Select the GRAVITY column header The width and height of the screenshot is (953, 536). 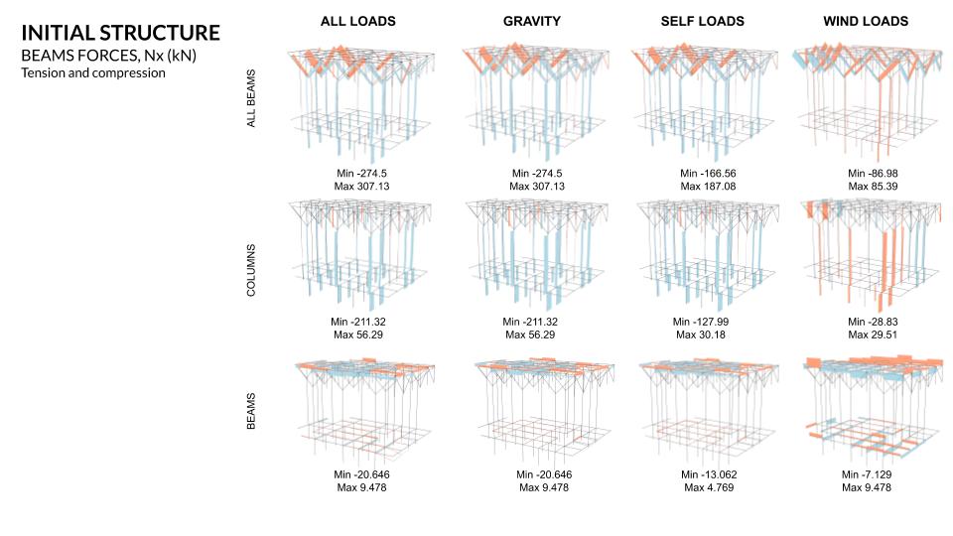click(522, 21)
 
